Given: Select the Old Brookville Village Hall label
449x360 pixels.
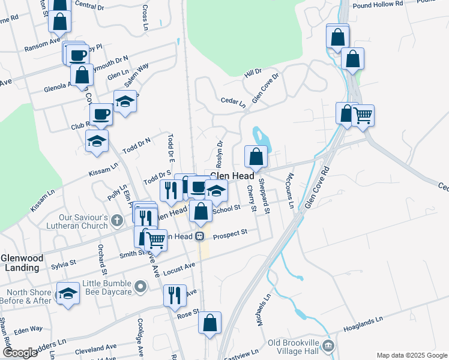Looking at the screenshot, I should (x=291, y=346).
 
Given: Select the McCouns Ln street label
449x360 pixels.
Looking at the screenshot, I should (x=290, y=190).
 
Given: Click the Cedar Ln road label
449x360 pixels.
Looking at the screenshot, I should (x=234, y=103).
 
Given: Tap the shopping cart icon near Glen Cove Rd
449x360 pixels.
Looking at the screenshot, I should (x=363, y=115).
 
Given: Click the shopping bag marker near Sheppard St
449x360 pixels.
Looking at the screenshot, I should (x=256, y=157).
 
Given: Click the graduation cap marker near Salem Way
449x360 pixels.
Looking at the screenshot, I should (x=125, y=101).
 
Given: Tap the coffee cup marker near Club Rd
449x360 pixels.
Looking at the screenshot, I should (x=101, y=113).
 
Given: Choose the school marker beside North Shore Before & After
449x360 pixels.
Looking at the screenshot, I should (x=68, y=293).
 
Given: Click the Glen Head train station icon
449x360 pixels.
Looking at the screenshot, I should (x=199, y=236).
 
